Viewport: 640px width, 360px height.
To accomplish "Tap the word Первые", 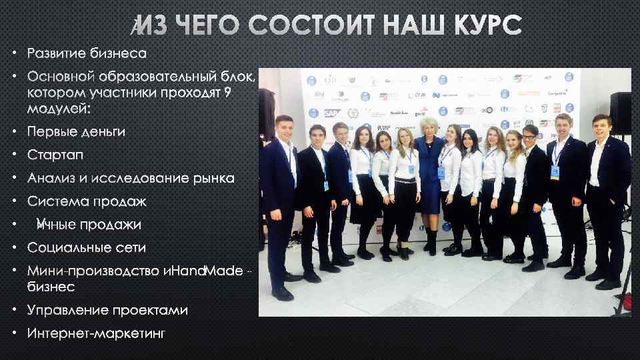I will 49,131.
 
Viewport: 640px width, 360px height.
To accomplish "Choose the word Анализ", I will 52,178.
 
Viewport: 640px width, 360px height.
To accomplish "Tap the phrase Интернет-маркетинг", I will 96,333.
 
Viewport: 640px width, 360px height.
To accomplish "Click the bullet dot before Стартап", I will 15,155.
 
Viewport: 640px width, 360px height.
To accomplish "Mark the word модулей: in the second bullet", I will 58,107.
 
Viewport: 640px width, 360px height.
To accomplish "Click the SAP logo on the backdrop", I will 331,113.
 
